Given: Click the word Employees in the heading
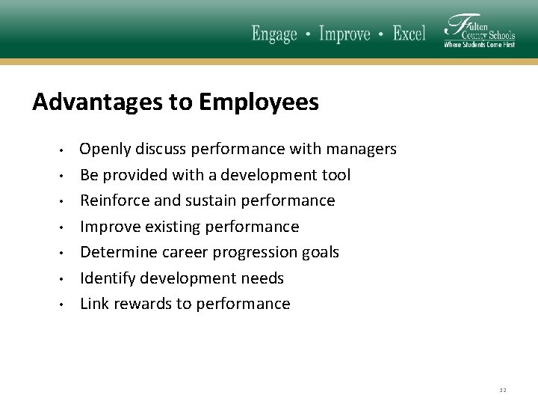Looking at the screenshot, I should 259,102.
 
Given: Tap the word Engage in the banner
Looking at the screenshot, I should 274,34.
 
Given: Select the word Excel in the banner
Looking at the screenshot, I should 409,34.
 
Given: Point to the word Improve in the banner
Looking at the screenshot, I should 345,34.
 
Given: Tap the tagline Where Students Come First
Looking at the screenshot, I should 479,45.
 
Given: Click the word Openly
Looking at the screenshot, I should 104,150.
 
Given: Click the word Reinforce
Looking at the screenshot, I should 112,201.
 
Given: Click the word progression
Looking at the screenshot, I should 256,252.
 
